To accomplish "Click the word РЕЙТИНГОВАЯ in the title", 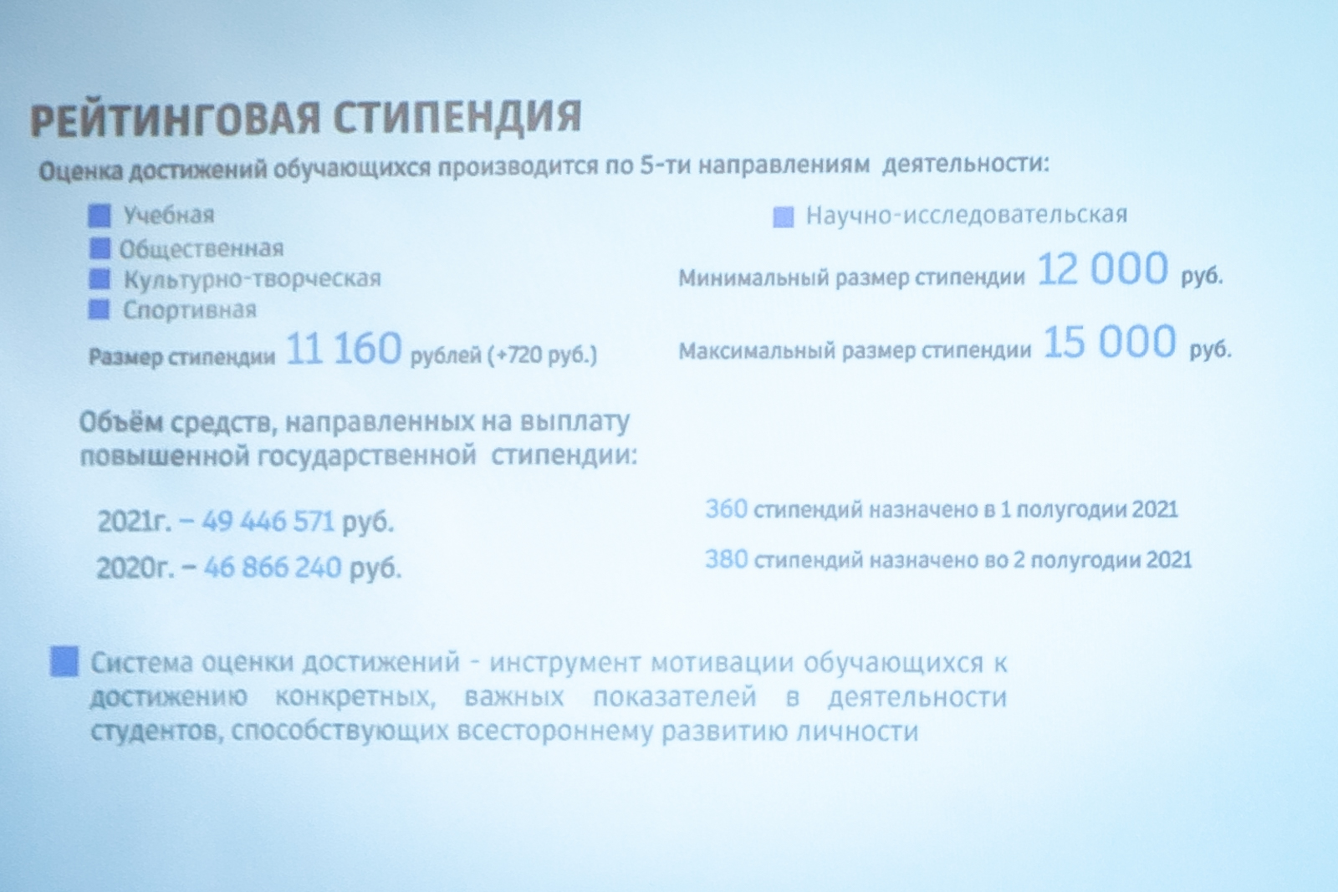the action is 176,119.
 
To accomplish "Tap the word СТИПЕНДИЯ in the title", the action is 457,116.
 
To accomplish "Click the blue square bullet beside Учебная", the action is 100,216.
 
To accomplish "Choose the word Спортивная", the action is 190,310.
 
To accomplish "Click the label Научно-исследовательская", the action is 967,214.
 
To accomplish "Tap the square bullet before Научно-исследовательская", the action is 783,217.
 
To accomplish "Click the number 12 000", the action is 1102,268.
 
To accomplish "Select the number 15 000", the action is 1109,341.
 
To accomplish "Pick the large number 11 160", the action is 344,348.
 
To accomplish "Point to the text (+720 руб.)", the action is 543,354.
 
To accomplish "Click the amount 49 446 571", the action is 268,521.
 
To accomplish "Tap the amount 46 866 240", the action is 273,567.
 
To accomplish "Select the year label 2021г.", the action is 135,521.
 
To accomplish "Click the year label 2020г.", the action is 135,567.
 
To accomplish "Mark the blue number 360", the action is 726,508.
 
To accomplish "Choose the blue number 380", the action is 727,558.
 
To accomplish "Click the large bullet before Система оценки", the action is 64,661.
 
